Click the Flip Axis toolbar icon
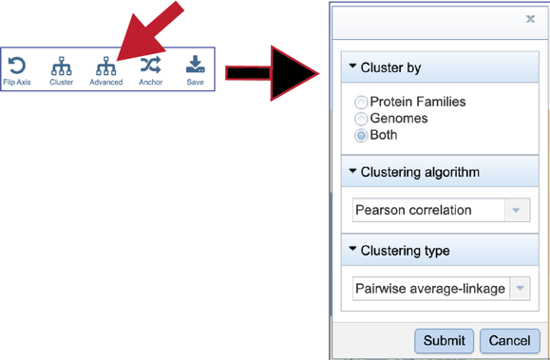17,66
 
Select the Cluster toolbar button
62,66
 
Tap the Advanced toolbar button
105,66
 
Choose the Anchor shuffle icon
150,66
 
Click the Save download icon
195,66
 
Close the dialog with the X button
530,19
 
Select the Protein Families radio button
361,103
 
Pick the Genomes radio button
361,119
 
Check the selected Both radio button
361,136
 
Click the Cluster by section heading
390,68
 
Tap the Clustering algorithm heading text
420,173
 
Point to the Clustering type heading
406,251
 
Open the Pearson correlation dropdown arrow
518,210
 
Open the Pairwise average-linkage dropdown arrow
520,288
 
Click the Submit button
444,340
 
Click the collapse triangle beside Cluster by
352,67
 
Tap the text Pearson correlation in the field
413,210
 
